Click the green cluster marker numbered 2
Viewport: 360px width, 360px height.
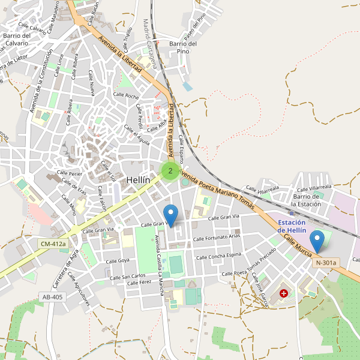pos(170,171)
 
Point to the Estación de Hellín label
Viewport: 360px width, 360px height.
pos(292,226)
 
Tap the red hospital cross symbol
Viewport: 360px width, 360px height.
pos(283,294)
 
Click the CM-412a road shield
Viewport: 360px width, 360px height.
pos(53,244)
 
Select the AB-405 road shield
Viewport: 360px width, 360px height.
pos(52,296)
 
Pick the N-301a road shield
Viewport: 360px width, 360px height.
pos(326,262)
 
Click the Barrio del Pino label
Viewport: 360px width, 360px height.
pos(183,47)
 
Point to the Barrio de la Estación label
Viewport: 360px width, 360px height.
pos(311,200)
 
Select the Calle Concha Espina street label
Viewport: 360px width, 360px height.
pos(218,256)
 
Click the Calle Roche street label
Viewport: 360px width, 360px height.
pos(125,97)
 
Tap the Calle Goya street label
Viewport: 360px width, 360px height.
pos(118,261)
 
